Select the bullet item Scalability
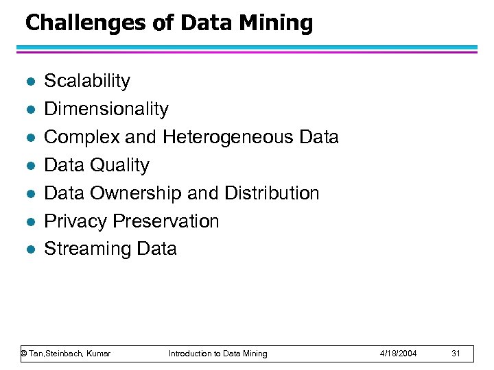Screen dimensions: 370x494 (x=87, y=81)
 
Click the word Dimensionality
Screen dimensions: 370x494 (x=106, y=109)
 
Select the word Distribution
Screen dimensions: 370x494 (x=271, y=193)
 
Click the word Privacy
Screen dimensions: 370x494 (x=75, y=221)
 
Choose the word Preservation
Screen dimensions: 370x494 (x=166, y=221)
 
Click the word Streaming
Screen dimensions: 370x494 (x=84, y=249)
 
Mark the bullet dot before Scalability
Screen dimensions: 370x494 (x=27, y=82)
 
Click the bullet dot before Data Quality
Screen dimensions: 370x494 (x=27, y=166)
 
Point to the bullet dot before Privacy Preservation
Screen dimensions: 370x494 (x=27, y=222)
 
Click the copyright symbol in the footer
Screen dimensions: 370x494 (x=24, y=354)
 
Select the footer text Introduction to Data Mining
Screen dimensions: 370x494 (x=218, y=354)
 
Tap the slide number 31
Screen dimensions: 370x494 (x=456, y=354)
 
